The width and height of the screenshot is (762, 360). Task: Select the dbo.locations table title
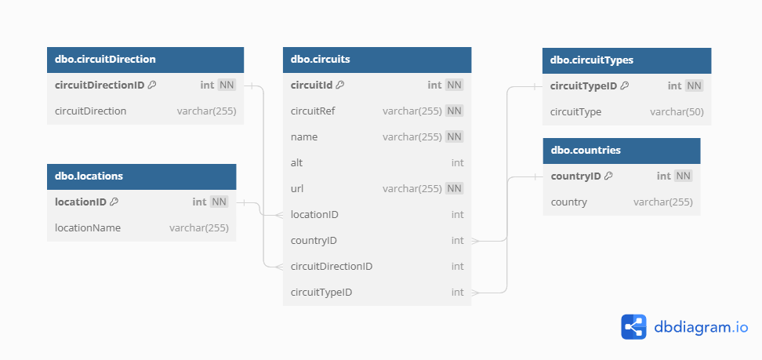click(89, 176)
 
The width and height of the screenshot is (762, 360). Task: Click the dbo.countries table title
click(586, 151)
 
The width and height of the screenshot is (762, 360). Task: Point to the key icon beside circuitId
click(340, 85)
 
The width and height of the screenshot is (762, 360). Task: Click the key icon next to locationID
click(114, 202)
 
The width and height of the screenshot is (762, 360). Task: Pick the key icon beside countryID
click(608, 176)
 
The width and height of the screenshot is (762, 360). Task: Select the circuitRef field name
click(313, 111)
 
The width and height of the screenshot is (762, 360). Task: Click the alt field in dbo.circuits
click(296, 162)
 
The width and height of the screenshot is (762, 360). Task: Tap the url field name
click(297, 189)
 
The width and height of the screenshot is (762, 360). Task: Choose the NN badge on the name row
click(455, 136)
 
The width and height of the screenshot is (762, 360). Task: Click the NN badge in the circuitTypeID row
click(694, 86)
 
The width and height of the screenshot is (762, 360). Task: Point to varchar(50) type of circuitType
click(677, 112)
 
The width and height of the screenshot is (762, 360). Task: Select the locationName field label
click(88, 227)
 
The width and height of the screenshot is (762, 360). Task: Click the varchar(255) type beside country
click(663, 202)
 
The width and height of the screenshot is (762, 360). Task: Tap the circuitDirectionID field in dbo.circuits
click(332, 267)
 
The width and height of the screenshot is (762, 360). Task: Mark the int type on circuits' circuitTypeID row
click(457, 293)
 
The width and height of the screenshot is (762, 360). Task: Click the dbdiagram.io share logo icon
click(633, 327)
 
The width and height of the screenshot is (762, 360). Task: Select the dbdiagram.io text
click(701, 327)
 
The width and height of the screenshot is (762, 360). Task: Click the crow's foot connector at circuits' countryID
click(475, 241)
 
